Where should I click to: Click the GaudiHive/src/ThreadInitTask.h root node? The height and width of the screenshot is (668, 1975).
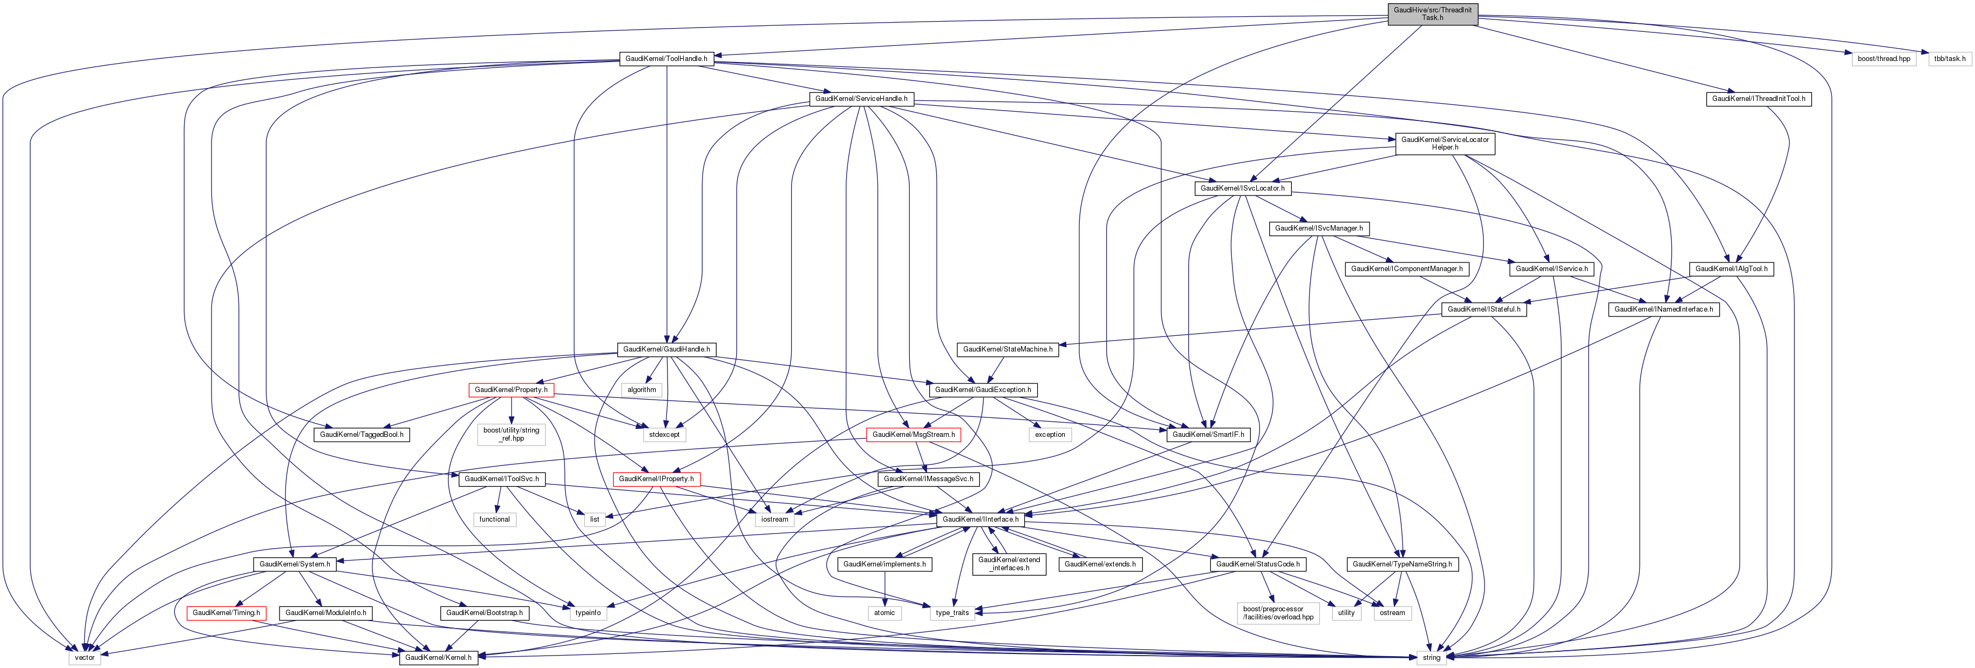(x=1432, y=14)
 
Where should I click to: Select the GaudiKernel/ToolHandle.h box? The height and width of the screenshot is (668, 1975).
(x=665, y=58)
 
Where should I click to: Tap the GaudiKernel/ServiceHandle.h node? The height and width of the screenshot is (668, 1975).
(x=861, y=99)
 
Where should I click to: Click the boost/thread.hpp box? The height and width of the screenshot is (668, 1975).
(x=1884, y=58)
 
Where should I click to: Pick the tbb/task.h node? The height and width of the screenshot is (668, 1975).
(x=1949, y=58)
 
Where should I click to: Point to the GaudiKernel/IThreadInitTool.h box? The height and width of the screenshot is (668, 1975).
(x=1758, y=99)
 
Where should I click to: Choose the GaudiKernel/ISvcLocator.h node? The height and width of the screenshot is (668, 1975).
(x=1242, y=188)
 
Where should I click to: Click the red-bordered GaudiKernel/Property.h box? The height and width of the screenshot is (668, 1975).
(x=510, y=389)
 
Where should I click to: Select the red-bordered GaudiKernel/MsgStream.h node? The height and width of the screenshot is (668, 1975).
(x=913, y=434)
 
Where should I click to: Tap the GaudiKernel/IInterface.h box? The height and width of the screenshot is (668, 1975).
(x=980, y=519)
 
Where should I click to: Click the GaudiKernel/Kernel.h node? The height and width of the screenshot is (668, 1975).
(x=438, y=657)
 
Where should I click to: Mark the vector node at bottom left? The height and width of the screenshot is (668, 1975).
(x=84, y=657)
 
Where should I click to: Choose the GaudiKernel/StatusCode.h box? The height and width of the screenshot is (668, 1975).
(x=1257, y=564)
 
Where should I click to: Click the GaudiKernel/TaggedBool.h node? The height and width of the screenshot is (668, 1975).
(x=361, y=434)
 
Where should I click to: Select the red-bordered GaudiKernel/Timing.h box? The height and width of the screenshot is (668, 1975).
(x=226, y=613)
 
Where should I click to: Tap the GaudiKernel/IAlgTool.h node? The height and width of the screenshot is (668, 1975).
(x=1731, y=268)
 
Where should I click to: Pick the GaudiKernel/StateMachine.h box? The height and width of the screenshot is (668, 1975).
(x=1007, y=349)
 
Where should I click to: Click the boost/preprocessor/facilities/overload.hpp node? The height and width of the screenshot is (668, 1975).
(x=1277, y=613)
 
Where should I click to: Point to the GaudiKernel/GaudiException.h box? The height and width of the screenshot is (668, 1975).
(x=983, y=389)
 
